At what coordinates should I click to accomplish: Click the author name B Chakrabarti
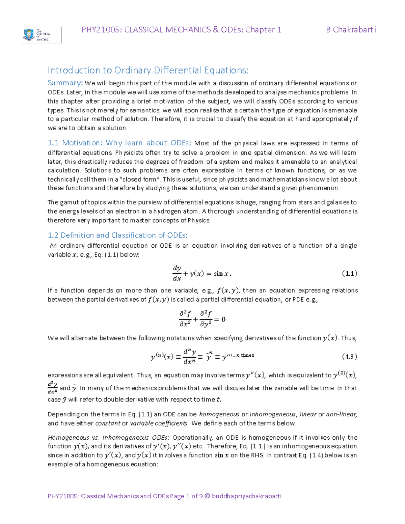(351, 30)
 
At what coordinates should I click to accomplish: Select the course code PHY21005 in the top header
(100, 30)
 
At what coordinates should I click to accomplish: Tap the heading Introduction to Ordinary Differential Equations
(148, 70)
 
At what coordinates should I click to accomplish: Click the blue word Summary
(64, 83)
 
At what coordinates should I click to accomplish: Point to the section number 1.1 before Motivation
(53, 143)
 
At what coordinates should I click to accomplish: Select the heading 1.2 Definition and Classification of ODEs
(117, 235)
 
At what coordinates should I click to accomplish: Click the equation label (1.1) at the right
(349, 273)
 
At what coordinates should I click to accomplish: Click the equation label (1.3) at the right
(349, 357)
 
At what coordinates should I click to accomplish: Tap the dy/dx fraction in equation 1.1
(177, 273)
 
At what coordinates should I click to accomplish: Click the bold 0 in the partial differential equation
(223, 319)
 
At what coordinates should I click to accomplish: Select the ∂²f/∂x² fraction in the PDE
(185, 319)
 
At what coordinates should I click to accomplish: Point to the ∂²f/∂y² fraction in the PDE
(206, 319)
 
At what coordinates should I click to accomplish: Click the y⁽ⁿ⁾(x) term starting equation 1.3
(162, 357)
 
